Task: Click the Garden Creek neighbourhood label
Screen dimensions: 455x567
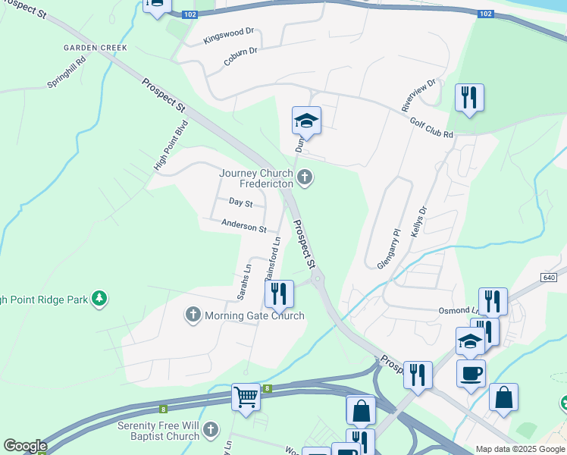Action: click(x=95, y=47)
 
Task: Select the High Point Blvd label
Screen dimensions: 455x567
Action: click(x=171, y=145)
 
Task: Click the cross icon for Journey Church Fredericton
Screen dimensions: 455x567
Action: click(x=305, y=177)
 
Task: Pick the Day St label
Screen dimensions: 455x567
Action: click(x=240, y=202)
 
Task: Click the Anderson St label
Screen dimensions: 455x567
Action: click(x=243, y=227)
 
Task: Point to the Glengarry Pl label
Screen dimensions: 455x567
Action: click(x=387, y=248)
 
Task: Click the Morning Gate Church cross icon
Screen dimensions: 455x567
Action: click(x=193, y=314)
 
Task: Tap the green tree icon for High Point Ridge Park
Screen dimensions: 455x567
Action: click(x=99, y=300)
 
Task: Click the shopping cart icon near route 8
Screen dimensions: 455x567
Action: click(x=246, y=396)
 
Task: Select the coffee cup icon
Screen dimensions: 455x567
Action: click(x=471, y=372)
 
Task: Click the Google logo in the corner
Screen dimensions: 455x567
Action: click(x=25, y=446)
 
